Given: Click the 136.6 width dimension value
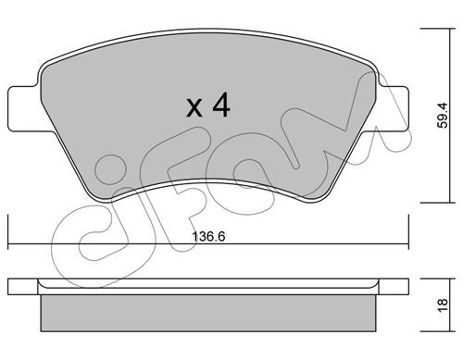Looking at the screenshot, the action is pyautogui.click(x=208, y=237).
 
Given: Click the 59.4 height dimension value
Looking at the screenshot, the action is pyautogui.click(x=443, y=116).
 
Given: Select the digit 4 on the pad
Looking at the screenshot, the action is pyautogui.click(x=221, y=105).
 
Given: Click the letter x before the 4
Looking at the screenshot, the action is pyautogui.click(x=194, y=107).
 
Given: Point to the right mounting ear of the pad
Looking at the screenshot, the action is pyautogui.click(x=391, y=108).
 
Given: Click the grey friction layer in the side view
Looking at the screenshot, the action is pyautogui.click(x=208, y=313).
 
